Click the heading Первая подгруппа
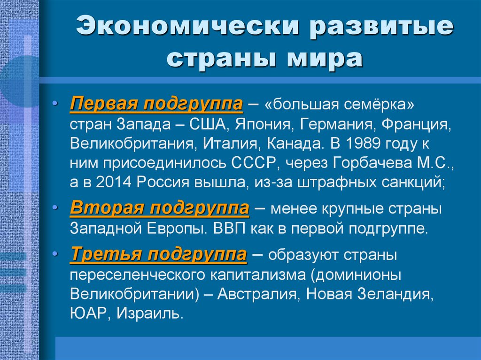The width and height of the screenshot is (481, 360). click(x=156, y=104)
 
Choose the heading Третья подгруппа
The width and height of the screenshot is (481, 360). click(x=158, y=255)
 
